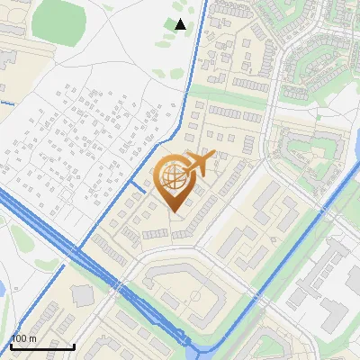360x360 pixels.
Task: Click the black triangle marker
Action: (180, 24)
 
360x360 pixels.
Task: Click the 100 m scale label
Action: (23, 338)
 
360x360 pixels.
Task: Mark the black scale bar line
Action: (42, 346)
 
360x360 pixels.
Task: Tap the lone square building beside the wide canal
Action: (83, 294)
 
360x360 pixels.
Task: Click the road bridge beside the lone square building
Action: (117, 285)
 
